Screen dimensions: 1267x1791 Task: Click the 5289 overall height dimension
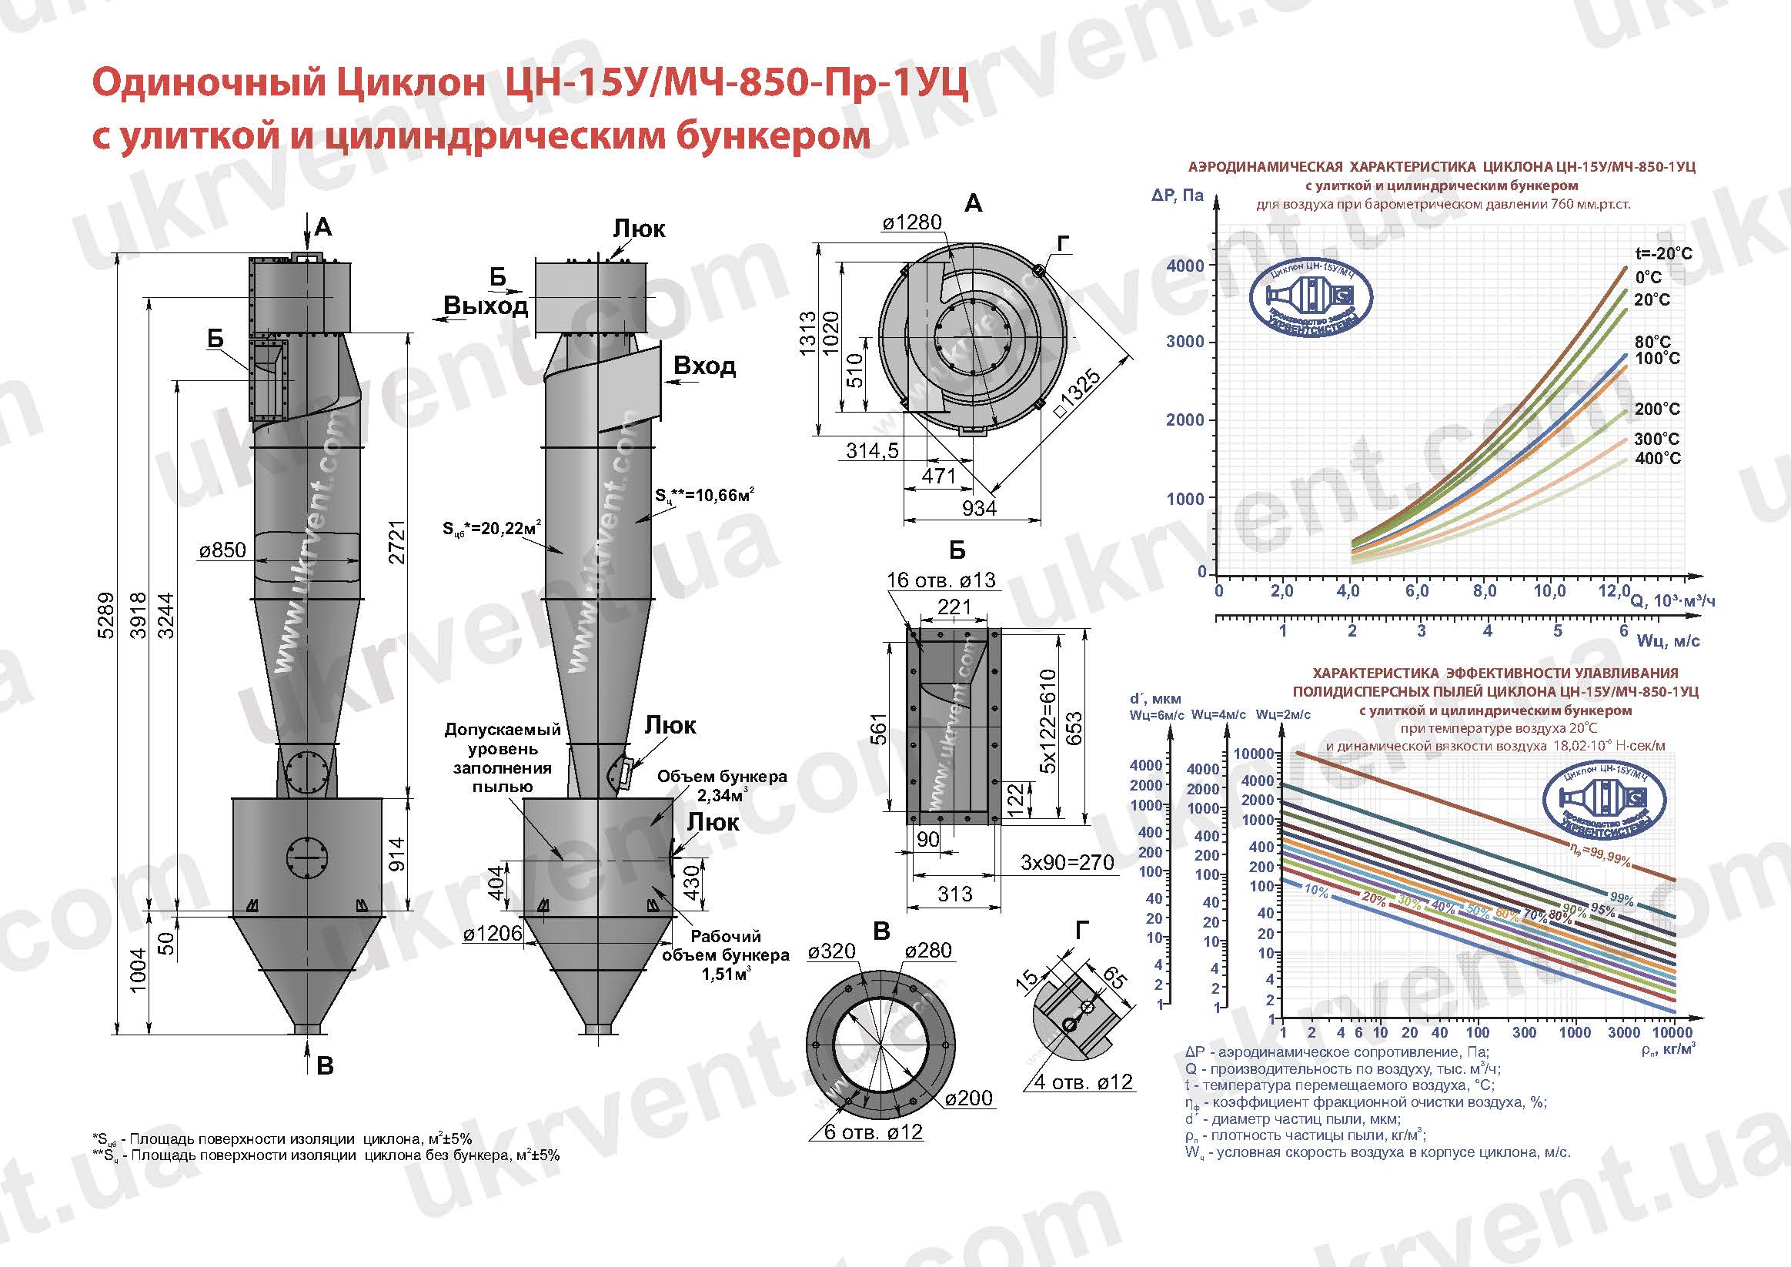(106, 617)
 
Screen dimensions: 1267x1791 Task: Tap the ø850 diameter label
(222, 550)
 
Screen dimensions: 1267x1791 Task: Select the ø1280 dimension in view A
(912, 222)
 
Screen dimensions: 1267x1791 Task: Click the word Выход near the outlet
(485, 306)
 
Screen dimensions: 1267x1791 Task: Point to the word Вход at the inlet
(703, 366)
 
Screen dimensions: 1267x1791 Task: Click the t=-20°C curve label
(1664, 253)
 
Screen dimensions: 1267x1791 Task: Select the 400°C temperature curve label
(1658, 458)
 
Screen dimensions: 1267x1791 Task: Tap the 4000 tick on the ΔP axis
(1185, 266)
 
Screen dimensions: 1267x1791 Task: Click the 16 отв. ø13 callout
(941, 580)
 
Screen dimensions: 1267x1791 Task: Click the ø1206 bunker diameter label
(492, 933)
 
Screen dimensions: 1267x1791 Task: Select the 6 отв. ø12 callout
(873, 1132)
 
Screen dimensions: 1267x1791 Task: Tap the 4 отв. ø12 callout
(1083, 1082)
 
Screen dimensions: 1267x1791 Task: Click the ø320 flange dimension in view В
(831, 951)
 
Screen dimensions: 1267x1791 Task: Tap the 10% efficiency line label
(1316, 891)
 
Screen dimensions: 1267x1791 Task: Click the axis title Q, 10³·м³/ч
(1672, 600)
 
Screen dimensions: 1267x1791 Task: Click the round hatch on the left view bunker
(305, 858)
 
